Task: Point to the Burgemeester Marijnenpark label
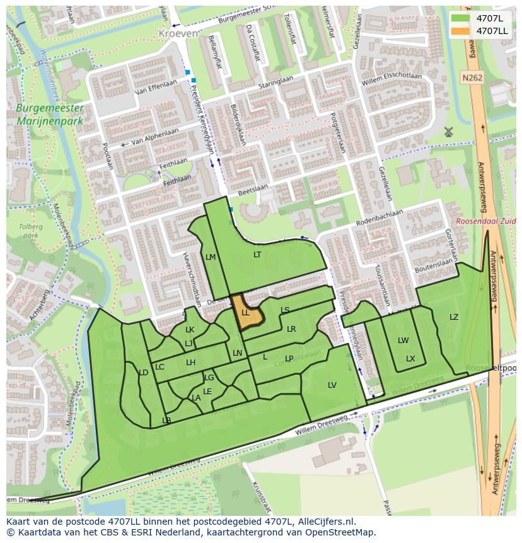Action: [x=50, y=114]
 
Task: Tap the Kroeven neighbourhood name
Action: [x=178, y=33]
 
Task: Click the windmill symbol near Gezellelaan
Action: [x=449, y=132]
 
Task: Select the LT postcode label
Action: [x=257, y=255]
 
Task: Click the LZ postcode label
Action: [x=454, y=317]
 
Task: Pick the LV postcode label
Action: [x=332, y=385]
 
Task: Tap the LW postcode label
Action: [x=403, y=341]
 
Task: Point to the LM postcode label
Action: [x=211, y=257]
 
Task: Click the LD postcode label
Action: [x=143, y=373]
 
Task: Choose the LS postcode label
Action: [x=285, y=310]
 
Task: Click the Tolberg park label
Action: [x=29, y=231]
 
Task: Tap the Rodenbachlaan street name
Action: [x=380, y=216]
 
